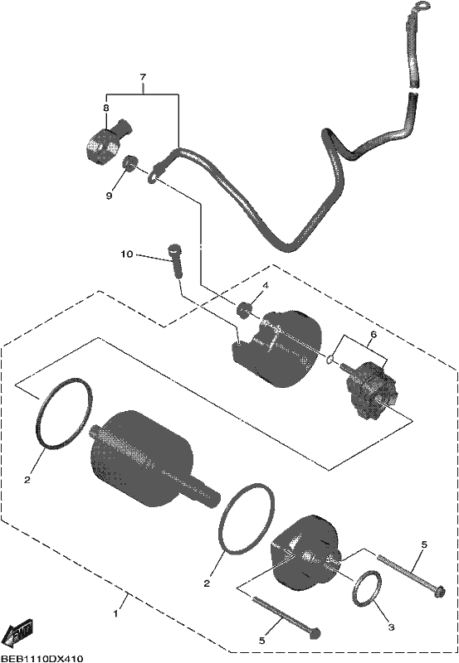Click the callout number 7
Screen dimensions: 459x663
point(143,77)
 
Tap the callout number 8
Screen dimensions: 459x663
point(105,108)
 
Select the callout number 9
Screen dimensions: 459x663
point(109,196)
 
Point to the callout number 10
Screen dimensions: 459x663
point(127,254)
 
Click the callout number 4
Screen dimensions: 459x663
point(265,286)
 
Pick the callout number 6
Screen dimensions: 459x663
point(374,335)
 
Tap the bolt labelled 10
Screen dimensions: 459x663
point(176,260)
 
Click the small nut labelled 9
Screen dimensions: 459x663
point(129,162)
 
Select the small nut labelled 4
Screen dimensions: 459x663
point(243,310)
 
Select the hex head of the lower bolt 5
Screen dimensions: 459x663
point(315,633)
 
